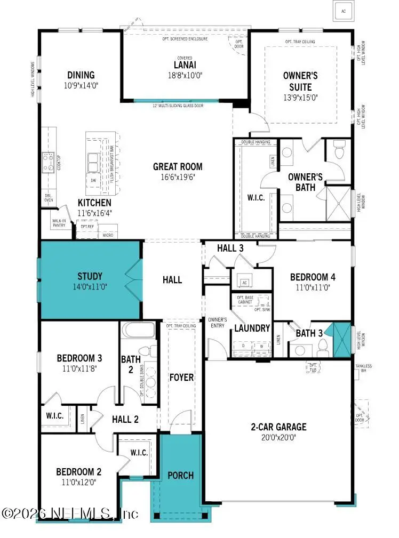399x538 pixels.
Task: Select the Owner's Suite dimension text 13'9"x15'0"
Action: tap(300, 98)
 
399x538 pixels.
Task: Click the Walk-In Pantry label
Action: tap(59, 223)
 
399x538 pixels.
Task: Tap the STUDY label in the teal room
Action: tap(90, 276)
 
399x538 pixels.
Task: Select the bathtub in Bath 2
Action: tap(138, 331)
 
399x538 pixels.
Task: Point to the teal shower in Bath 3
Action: tap(340, 340)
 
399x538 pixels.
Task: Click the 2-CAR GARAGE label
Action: tap(279, 427)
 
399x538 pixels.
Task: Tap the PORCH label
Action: tap(181, 475)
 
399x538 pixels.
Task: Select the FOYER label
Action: tap(181, 377)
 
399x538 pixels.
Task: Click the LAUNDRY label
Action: tap(252, 328)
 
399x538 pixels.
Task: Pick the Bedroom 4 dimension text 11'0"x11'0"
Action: tap(313, 286)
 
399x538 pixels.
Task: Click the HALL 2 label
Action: tap(125, 420)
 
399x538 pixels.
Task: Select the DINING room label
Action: tap(81, 75)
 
